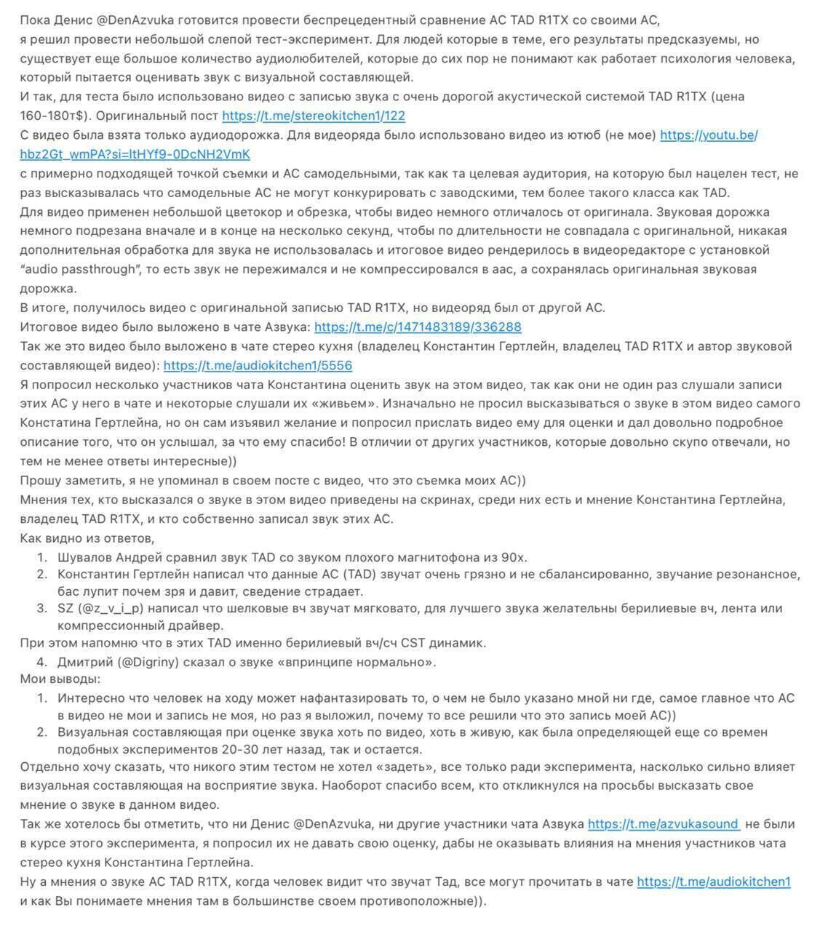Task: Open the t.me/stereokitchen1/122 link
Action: tap(313, 116)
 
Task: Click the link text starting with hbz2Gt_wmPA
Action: tap(135, 154)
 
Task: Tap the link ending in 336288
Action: tap(418, 327)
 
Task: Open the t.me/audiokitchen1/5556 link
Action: tap(258, 366)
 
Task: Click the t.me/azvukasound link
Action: tap(663, 824)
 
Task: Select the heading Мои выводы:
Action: tap(60, 679)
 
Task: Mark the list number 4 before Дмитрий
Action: tap(41, 662)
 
